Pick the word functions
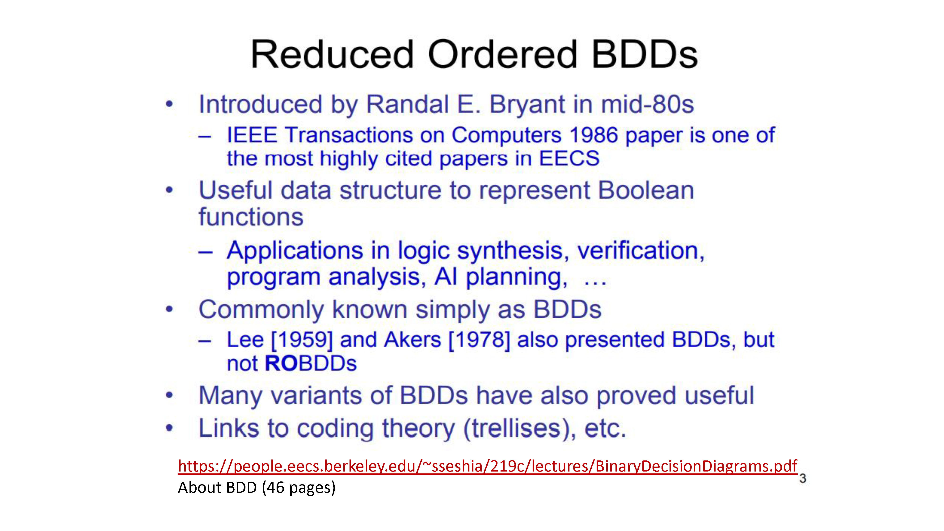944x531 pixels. [251, 217]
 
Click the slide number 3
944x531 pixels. [803, 478]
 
